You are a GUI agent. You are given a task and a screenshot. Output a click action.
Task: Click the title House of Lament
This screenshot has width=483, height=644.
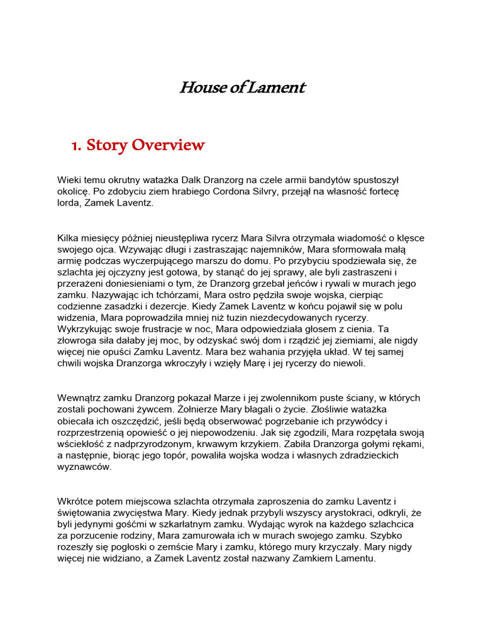tap(241, 87)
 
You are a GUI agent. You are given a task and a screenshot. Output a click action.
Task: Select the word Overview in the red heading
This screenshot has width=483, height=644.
tap(173, 145)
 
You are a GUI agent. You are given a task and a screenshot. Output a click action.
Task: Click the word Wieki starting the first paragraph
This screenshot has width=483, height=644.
tap(70, 180)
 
